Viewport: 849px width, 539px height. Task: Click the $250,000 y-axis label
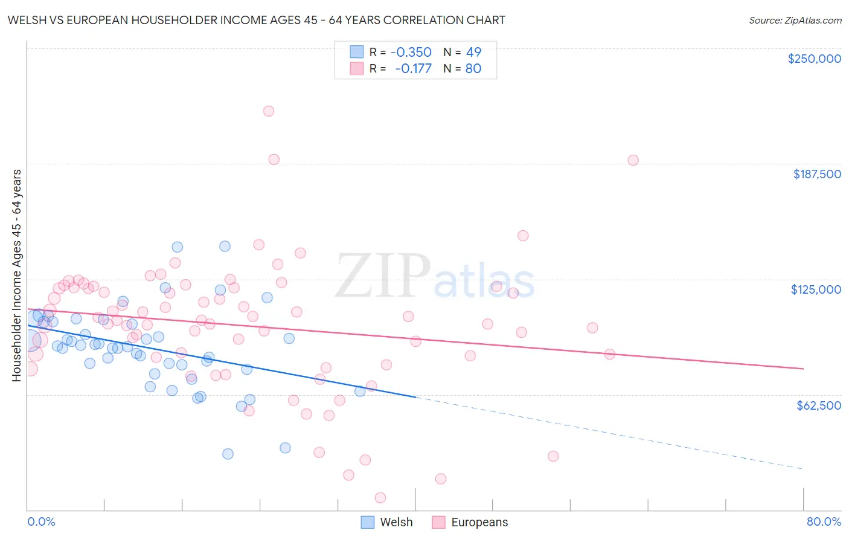pyautogui.click(x=814, y=59)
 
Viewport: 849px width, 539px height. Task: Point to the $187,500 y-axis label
pyautogui.click(x=817, y=174)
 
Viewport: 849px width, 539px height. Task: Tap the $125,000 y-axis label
pyautogui.click(x=816, y=289)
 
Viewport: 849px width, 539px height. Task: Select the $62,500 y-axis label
pyautogui.click(x=818, y=405)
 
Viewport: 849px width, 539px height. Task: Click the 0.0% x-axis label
pyautogui.click(x=41, y=521)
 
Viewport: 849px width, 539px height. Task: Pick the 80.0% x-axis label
pyautogui.click(x=824, y=521)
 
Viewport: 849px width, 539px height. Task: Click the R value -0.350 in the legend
pyautogui.click(x=411, y=53)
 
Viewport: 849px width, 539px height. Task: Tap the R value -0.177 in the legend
pyautogui.click(x=413, y=69)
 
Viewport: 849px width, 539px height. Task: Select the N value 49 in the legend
pyautogui.click(x=473, y=53)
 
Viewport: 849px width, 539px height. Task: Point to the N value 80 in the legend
pyautogui.click(x=473, y=69)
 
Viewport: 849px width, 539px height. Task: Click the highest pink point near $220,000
pyautogui.click(x=269, y=111)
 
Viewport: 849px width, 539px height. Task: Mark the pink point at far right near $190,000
pyautogui.click(x=633, y=160)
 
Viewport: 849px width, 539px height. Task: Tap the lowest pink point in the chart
pyautogui.click(x=380, y=498)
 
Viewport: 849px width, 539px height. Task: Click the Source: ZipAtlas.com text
pyautogui.click(x=795, y=21)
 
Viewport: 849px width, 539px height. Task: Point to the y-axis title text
pyautogui.click(x=17, y=276)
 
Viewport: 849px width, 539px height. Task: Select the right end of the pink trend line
pyautogui.click(x=803, y=368)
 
